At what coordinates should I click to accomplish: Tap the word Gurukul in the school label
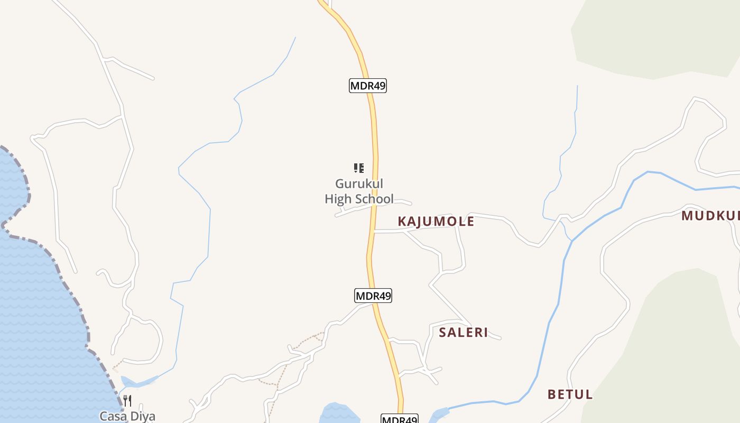click(x=359, y=184)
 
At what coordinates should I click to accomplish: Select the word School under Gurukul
click(x=374, y=199)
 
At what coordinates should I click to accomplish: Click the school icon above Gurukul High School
click(x=359, y=168)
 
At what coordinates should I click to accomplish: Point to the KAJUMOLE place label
click(x=436, y=222)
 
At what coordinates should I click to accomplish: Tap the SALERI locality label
click(x=464, y=333)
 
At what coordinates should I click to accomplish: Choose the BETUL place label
click(x=570, y=394)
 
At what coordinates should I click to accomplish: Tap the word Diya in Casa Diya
click(x=142, y=416)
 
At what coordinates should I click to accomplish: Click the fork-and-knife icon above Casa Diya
click(x=127, y=400)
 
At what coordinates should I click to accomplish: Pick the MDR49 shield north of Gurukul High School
click(x=368, y=86)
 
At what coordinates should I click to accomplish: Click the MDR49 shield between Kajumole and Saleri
click(x=373, y=296)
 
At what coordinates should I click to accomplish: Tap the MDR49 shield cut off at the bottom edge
click(x=400, y=419)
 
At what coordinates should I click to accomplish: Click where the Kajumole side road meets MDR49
click(x=374, y=232)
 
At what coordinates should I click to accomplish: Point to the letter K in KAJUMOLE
click(x=402, y=222)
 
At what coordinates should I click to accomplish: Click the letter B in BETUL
click(x=552, y=394)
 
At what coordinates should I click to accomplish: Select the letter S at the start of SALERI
click(x=443, y=333)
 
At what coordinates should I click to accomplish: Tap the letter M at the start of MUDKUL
click(x=687, y=216)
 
